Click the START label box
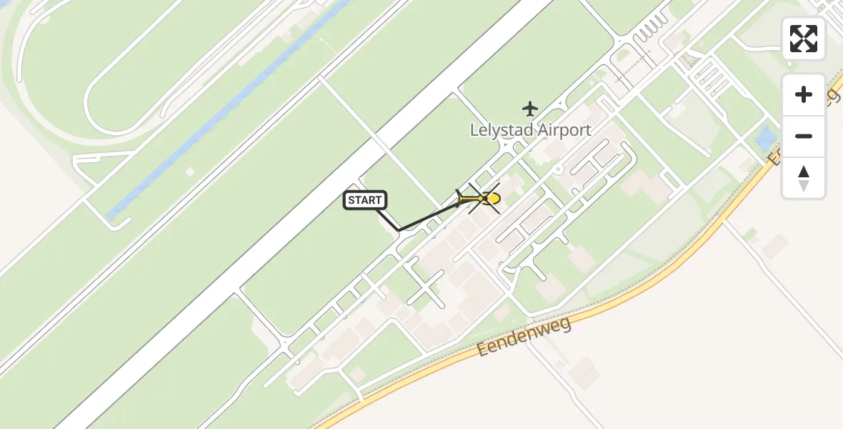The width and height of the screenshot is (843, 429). pos(366,200)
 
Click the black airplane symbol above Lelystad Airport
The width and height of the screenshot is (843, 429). pos(530,109)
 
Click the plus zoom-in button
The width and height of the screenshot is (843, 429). pos(804,94)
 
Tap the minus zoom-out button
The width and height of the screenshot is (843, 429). pos(804,136)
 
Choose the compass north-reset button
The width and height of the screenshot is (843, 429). pos(804,177)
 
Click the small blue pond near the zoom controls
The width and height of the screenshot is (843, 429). pos(765,138)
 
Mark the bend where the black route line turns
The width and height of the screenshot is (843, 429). pos(399,230)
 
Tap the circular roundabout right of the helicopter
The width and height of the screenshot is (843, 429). pos(558,169)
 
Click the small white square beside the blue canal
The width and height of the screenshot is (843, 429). pos(189,172)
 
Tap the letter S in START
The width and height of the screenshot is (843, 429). pos(352,200)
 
